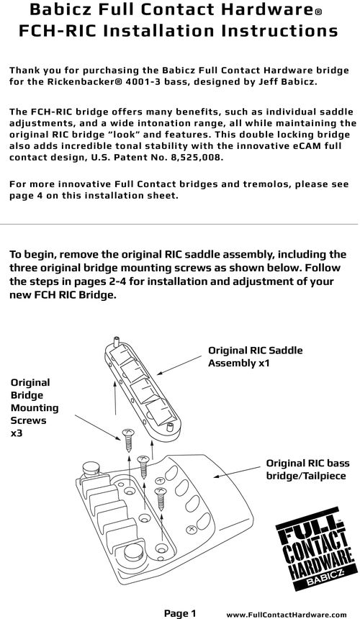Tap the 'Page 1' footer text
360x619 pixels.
tap(180, 613)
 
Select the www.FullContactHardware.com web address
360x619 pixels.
tap(287, 614)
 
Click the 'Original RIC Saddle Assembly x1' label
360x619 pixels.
tap(256, 356)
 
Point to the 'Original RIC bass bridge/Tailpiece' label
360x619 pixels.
tap(307, 469)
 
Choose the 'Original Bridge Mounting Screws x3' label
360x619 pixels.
tap(35, 408)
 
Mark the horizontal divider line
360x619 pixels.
tap(179, 225)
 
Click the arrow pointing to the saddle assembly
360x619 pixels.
tap(179, 364)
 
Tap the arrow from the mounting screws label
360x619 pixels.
tap(97, 428)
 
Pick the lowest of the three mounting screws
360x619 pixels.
tap(161, 499)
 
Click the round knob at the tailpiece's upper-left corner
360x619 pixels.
tap(91, 469)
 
